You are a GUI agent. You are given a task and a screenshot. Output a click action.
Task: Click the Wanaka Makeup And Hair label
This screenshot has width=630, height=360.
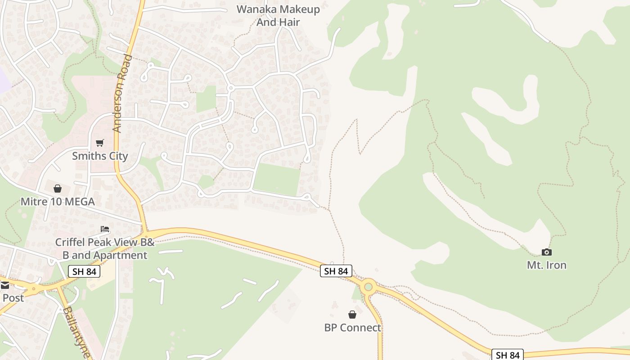click(x=278, y=15)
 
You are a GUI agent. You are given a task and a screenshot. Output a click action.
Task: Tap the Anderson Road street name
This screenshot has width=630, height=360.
click(x=122, y=93)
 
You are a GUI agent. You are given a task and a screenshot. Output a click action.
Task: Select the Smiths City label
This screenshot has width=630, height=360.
click(x=100, y=156)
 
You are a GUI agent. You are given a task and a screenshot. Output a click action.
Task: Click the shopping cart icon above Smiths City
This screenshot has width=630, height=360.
click(x=100, y=143)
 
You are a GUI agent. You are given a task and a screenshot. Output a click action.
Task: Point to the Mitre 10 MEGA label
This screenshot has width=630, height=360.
click(x=58, y=202)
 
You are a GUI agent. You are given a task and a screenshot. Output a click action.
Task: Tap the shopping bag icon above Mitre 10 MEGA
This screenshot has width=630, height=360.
click(x=58, y=189)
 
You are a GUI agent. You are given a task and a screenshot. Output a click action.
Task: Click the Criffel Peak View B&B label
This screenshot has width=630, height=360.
click(x=104, y=242)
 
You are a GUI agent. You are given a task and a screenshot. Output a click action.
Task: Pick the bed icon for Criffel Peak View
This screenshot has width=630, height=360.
click(x=105, y=229)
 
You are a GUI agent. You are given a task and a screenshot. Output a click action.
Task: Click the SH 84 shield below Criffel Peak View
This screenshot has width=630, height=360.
click(x=84, y=271)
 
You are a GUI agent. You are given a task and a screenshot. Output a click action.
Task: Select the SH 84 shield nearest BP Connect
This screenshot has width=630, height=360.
click(x=336, y=271)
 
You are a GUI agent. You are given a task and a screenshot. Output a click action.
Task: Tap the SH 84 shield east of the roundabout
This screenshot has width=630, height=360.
click(x=508, y=355)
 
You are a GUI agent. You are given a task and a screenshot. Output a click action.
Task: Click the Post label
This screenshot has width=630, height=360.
click(x=13, y=298)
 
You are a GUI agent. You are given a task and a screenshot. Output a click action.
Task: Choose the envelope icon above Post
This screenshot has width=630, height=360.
click(x=4, y=285)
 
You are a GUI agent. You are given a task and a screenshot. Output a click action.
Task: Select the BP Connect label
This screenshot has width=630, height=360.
click(x=352, y=328)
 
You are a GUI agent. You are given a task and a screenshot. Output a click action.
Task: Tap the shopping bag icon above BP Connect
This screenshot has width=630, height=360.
click(x=352, y=315)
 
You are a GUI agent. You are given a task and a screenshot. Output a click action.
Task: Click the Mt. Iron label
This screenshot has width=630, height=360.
click(x=546, y=265)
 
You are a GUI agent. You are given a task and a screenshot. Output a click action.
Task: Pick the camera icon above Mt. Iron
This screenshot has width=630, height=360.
click(x=546, y=252)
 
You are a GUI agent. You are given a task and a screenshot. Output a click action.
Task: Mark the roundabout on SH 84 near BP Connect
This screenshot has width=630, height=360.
click(x=369, y=286)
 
